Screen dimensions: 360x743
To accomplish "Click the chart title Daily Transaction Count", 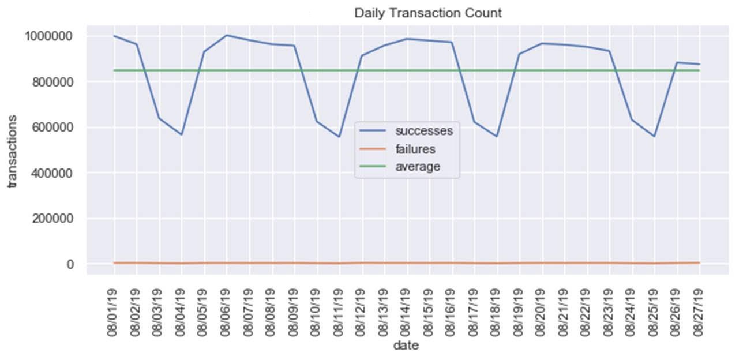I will click(427, 13).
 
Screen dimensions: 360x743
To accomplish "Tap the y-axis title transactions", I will click(12, 151).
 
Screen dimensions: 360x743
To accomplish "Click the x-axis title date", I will click(406, 346).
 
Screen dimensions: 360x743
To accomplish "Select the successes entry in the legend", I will click(424, 130).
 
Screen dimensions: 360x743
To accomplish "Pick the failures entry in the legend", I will click(415, 149).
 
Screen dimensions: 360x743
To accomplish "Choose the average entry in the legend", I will click(418, 167).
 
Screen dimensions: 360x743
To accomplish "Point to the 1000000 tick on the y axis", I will click(48, 36).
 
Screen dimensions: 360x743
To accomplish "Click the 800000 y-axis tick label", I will click(51, 82).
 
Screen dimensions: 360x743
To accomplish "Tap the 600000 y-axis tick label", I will click(51, 127).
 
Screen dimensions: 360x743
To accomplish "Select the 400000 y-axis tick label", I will click(51, 173).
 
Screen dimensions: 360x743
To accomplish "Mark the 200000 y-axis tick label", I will click(51, 219).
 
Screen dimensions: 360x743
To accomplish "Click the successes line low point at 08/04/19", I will click(182, 134).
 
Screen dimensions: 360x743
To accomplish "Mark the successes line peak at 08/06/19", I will click(227, 35).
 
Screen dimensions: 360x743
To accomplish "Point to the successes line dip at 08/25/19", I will click(654, 136).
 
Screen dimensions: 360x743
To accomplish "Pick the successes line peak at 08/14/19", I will click(407, 39).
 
